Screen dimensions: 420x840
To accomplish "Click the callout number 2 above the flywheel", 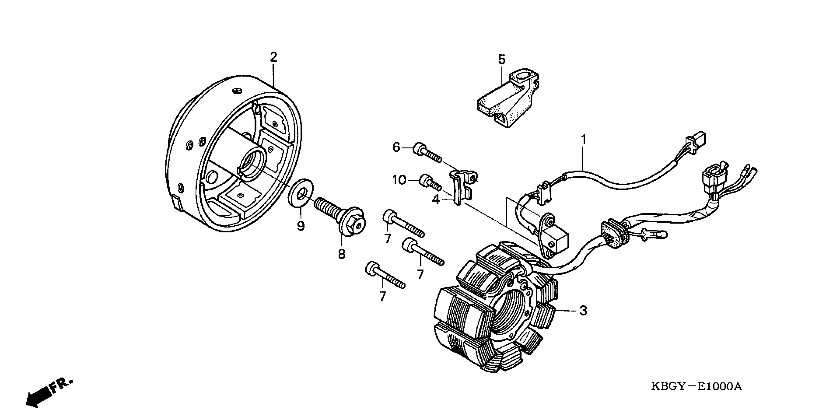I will (x=273, y=57).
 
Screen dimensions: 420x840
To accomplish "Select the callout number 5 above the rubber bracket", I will (x=502, y=60).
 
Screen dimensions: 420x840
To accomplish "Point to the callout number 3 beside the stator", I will (x=583, y=311).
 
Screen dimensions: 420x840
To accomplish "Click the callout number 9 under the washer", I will (x=301, y=226).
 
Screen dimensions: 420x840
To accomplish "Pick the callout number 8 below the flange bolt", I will (x=341, y=254).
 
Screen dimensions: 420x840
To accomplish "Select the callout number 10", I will (x=399, y=180).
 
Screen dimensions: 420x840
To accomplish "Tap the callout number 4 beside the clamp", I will (x=436, y=199).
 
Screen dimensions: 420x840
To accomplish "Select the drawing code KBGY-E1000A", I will (x=696, y=387).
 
